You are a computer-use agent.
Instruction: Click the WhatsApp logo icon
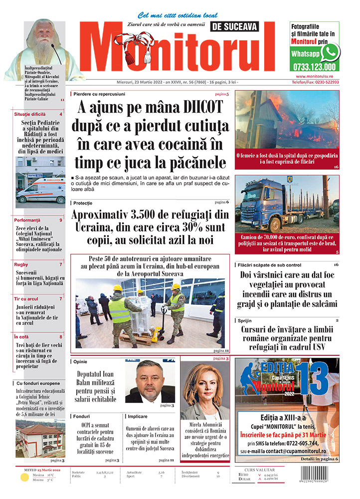pyautogui.click(x=330, y=52)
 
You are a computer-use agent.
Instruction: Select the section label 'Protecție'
pyautogui.click(x=82, y=203)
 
